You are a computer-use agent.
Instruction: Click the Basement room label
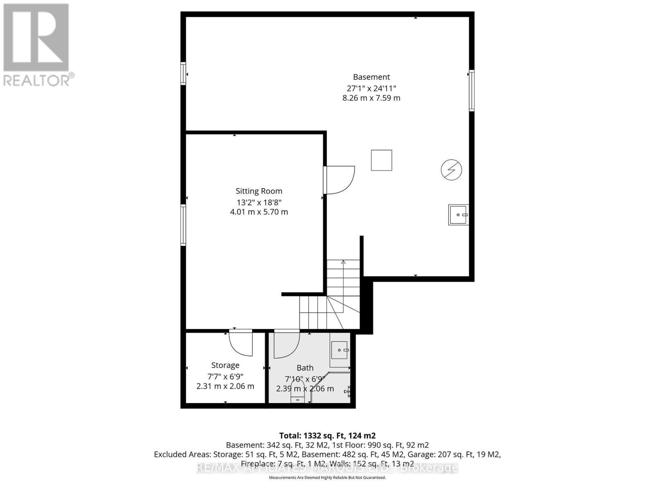coord(371,77)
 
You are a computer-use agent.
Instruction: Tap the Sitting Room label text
coord(259,191)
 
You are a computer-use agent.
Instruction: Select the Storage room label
coord(225,365)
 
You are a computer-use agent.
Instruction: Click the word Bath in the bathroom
coord(305,368)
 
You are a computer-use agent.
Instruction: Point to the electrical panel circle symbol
coord(451,169)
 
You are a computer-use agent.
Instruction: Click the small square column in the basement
coord(381,160)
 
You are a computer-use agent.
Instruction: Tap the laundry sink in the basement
coord(458,215)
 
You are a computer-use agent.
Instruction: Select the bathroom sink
coord(339,350)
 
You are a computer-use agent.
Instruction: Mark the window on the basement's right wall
coord(472,90)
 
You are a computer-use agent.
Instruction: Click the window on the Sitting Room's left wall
coord(183,225)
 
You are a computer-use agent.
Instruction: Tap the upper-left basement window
coord(183,73)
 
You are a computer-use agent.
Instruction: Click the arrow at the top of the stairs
coord(343,262)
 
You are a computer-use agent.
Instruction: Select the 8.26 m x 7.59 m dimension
coord(371,98)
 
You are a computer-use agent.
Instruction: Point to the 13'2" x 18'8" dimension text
coord(259,202)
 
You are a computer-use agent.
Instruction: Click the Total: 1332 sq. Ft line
coord(327,435)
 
